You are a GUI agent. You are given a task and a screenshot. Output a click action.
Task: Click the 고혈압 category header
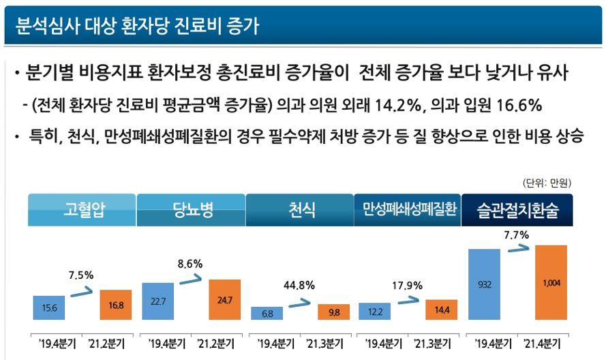click(x=82, y=210)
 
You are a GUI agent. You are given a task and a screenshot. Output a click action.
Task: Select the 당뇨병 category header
click(x=191, y=210)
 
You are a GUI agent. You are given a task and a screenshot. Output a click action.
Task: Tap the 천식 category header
click(x=300, y=210)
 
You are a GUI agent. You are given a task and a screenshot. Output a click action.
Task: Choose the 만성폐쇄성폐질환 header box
click(x=408, y=210)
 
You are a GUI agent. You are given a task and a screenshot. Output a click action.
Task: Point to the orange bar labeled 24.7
click(x=224, y=299)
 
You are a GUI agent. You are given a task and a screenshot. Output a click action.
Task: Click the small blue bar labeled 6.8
click(x=267, y=313)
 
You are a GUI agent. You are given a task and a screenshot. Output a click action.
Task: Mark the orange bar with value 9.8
click(x=333, y=312)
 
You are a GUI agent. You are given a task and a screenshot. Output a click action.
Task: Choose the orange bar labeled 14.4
click(x=441, y=310)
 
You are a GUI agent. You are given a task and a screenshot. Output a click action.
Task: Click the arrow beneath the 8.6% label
click(x=190, y=278)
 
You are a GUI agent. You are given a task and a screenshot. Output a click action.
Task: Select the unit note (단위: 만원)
click(x=547, y=183)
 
